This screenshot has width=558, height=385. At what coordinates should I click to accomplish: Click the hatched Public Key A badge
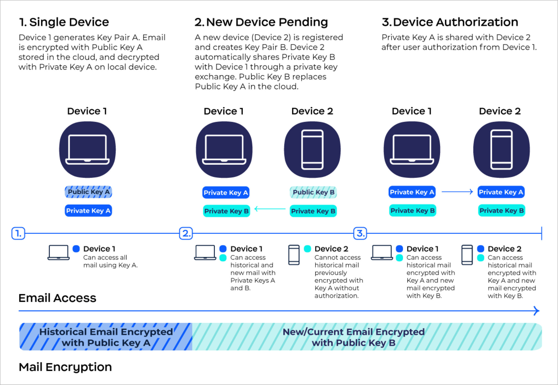88,192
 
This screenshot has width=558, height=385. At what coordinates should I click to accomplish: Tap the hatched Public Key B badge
313,192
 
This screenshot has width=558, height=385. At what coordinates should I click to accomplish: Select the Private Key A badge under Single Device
88,210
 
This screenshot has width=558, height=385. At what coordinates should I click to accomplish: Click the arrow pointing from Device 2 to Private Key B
270,209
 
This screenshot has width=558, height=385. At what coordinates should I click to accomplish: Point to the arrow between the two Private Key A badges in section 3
457,192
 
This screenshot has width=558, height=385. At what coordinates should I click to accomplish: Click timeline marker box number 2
186,233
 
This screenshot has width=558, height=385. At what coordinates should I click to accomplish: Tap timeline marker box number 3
360,233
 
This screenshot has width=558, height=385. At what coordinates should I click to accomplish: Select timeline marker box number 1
18,233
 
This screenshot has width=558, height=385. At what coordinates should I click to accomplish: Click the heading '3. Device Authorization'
450,22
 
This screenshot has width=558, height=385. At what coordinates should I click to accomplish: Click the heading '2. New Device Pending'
261,22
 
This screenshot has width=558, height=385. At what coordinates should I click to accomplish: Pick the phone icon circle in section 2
312,150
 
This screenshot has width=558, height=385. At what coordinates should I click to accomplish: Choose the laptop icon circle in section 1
87,150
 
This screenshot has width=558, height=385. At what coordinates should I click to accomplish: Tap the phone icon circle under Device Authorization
501,150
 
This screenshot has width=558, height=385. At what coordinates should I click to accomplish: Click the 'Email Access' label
57,298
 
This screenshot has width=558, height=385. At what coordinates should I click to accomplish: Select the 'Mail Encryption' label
65,367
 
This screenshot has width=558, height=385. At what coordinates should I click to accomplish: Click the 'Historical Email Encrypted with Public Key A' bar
106,337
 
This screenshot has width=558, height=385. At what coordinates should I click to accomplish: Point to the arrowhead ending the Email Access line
536,311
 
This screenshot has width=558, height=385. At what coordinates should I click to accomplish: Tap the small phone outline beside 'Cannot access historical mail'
294,255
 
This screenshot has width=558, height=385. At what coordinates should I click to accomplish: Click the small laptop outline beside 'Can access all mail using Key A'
59,252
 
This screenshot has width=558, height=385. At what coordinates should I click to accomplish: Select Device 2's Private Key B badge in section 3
501,210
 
